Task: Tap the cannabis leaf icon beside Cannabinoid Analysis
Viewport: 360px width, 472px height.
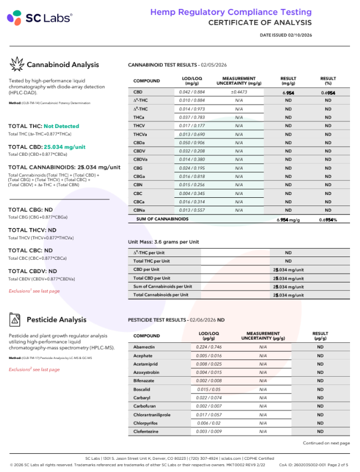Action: pyautogui.click(x=16, y=65)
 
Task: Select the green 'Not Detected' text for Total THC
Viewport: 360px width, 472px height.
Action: pyautogui.click(x=61, y=126)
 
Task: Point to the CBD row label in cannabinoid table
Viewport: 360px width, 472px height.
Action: pyautogui.click(x=138, y=92)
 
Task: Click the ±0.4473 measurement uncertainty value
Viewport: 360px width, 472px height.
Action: pyautogui.click(x=239, y=92)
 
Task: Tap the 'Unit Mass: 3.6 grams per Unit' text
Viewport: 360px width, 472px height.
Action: pyautogui.click(x=163, y=242)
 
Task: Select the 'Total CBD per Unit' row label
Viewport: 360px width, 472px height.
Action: pyautogui.click(x=152, y=278)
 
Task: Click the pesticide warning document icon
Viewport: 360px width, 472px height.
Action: pyautogui.click(x=16, y=320)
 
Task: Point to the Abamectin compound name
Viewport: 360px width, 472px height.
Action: pyautogui.click(x=145, y=346)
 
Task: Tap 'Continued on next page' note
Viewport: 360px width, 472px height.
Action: pyautogui.click(x=326, y=443)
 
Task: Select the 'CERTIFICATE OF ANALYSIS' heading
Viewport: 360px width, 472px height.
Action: pyautogui.click(x=260, y=23)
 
